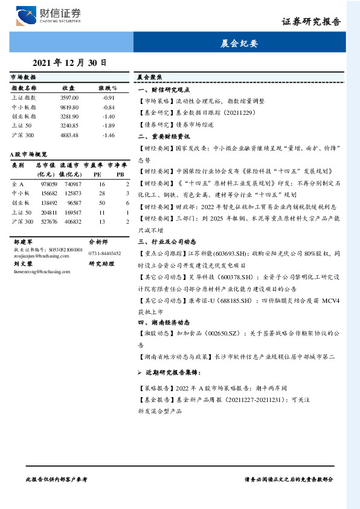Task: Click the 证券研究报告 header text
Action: (311, 22)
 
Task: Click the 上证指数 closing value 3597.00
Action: (69, 97)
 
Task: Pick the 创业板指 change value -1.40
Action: (109, 116)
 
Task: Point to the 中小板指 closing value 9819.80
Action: (69, 107)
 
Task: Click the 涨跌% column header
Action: (109, 88)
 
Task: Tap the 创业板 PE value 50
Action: (101, 203)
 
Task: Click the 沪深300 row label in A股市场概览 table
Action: (22, 222)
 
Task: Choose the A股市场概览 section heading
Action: (29, 155)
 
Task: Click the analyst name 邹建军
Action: (22, 240)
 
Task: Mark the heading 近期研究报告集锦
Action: (179, 372)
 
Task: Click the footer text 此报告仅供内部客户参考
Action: (57, 478)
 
